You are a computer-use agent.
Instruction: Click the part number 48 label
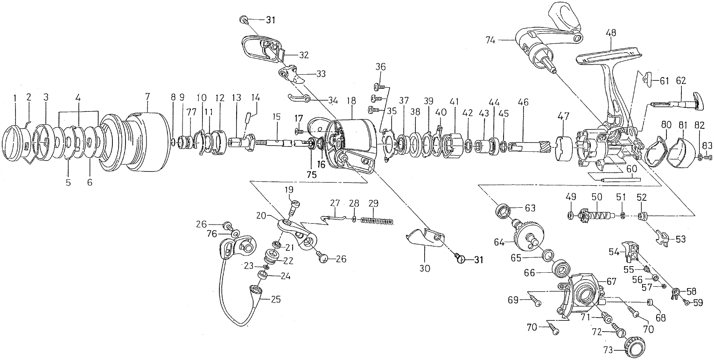pyautogui.click(x=611, y=33)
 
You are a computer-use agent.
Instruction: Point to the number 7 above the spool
pyautogui.click(x=147, y=97)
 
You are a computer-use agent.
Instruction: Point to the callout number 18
pyautogui.click(x=351, y=100)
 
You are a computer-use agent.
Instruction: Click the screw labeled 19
pyautogui.click(x=294, y=205)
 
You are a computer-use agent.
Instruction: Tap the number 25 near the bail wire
pyautogui.click(x=275, y=299)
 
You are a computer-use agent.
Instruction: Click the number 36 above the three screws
pyautogui.click(x=381, y=66)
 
